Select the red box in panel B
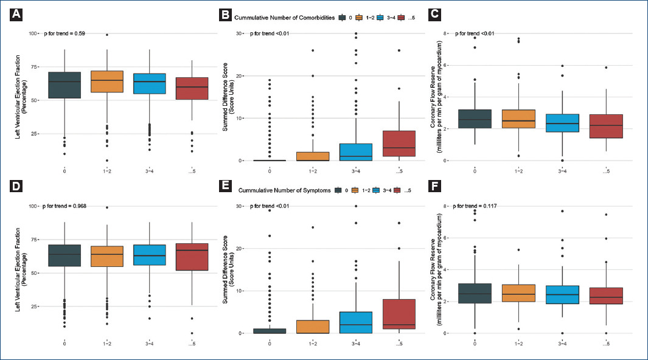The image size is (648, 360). pos(399,144)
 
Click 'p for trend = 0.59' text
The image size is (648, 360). pos(64,33)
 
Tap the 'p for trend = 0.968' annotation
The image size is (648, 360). pos(65,206)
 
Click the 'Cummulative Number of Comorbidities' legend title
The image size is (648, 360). pos(286,18)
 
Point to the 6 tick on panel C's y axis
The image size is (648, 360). pos(445,66)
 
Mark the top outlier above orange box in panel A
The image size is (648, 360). pos(107,35)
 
